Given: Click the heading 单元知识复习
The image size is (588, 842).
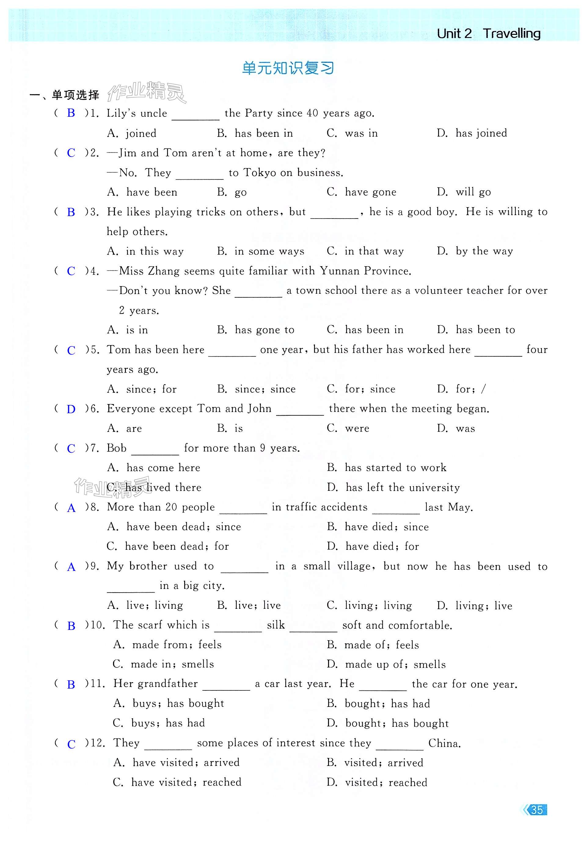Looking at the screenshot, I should [x=288, y=68].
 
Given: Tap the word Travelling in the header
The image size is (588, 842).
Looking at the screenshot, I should [x=511, y=33].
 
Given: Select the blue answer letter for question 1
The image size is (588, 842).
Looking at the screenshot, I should [x=71, y=113].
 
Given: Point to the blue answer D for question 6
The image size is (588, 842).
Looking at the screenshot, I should [x=71, y=409].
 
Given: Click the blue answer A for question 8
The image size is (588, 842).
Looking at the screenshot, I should [x=71, y=508].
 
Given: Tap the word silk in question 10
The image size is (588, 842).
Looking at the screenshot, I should [x=276, y=625].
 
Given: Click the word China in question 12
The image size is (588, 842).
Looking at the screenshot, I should [x=444, y=743].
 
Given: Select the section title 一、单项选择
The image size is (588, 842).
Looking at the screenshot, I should [x=64, y=95].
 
